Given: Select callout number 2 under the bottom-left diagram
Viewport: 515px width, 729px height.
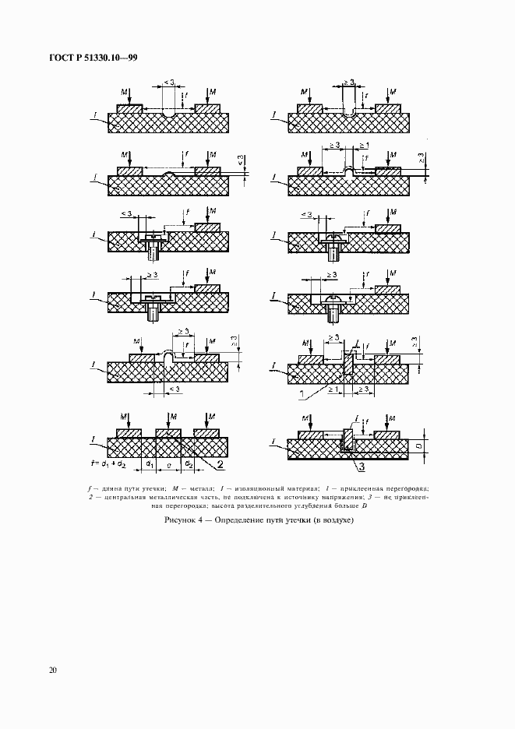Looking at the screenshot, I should click(x=220, y=465).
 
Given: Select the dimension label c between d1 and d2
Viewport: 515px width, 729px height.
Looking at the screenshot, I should click(x=168, y=464).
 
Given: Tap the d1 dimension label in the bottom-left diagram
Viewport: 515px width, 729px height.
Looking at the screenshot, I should click(x=147, y=465).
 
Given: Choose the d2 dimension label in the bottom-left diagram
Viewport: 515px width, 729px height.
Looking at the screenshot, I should click(x=189, y=465).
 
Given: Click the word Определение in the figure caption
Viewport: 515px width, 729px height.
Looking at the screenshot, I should click(x=239, y=519).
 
